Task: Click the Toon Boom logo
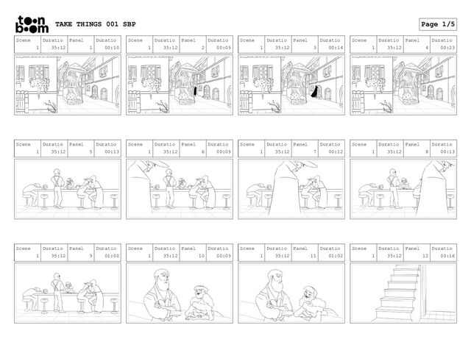click(32, 24)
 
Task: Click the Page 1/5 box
click(438, 24)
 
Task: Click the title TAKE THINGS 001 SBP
click(96, 24)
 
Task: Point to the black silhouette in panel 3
click(314, 91)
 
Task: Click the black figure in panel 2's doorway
click(195, 90)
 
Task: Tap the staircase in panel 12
click(397, 293)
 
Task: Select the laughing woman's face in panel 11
click(308, 295)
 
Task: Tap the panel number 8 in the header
click(427, 151)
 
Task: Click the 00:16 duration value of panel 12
click(447, 256)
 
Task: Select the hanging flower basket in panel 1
click(39, 85)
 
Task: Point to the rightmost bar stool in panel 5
click(114, 201)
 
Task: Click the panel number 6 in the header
click(203, 151)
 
